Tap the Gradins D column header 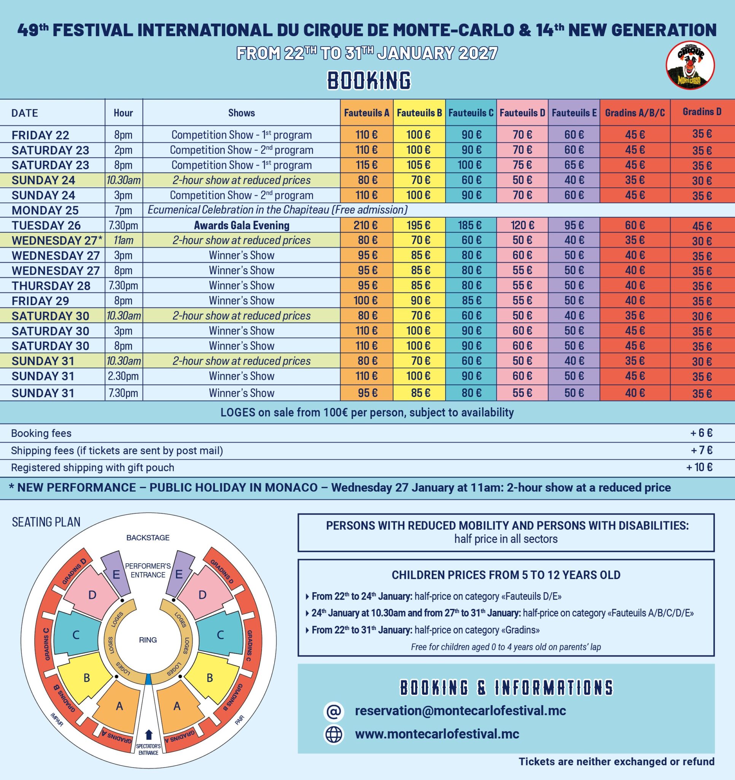coord(702,112)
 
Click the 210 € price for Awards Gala coord(366,225)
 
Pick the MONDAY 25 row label coord(45,210)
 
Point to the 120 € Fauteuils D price coord(522,225)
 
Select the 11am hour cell coord(123,240)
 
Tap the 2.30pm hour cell coord(123,376)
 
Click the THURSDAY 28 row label coord(51,286)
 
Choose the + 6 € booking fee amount coord(701,433)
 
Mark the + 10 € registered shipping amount coord(699,467)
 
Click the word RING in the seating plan coord(148,640)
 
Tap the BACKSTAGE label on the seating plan coord(148,537)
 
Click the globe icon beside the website coord(334,734)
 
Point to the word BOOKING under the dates coord(369,80)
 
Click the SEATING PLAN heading coord(46,522)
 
